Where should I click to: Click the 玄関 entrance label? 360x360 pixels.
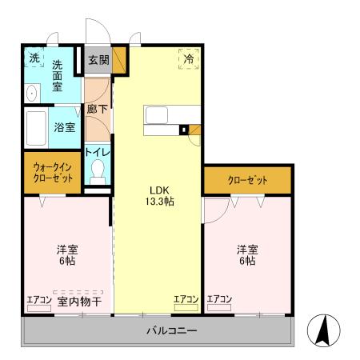pos(99,59)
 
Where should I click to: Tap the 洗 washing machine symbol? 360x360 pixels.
pos(34,58)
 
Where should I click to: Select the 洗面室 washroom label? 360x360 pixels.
pos(58,75)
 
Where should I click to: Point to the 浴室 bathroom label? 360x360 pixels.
pos(65,126)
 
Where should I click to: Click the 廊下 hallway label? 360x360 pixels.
pos(97,108)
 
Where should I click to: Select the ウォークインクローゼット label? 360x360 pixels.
pos(53,173)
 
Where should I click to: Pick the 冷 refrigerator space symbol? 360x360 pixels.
pos(189,58)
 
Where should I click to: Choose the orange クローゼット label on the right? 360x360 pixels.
pos(247,179)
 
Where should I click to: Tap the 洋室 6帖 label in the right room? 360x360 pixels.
pos(246,254)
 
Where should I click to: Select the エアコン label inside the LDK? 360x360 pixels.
pos(186,299)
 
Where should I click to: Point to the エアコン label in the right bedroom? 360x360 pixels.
pos(219,299)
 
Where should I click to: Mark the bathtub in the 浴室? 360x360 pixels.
pos(36,126)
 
